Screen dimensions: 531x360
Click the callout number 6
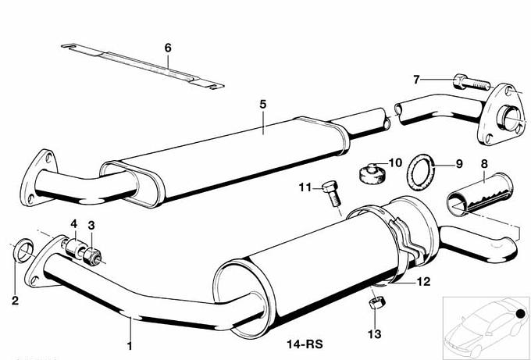[x=168, y=48]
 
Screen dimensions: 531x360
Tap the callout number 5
[x=263, y=105]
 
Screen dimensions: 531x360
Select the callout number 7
[x=416, y=80]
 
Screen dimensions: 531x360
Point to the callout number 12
[x=423, y=282]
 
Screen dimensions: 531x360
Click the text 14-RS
[x=305, y=344]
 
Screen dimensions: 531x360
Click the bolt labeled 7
[x=472, y=82]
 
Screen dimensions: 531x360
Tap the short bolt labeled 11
[x=332, y=194]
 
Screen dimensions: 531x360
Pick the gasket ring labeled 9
[x=421, y=172]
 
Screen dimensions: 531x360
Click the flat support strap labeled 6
[x=143, y=66]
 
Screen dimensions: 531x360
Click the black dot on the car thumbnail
[x=521, y=314]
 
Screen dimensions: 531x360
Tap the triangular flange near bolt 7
[x=502, y=115]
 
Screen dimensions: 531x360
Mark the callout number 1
[x=129, y=346]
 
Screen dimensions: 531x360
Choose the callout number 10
[x=395, y=163]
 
